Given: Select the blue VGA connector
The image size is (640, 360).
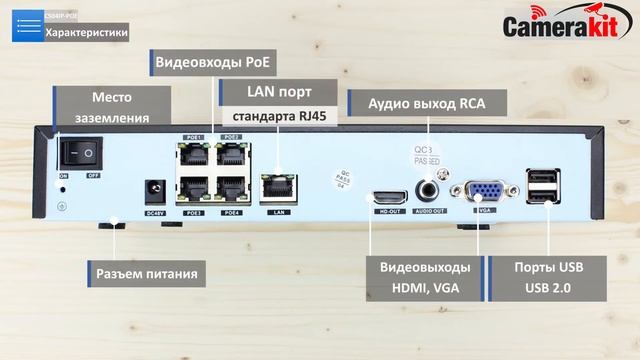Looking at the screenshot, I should tap(487, 191).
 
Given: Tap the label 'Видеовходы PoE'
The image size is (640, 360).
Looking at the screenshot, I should tap(214, 63).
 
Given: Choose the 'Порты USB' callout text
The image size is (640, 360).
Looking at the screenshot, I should tap(547, 269).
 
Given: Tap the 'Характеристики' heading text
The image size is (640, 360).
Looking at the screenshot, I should tap(87, 32).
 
